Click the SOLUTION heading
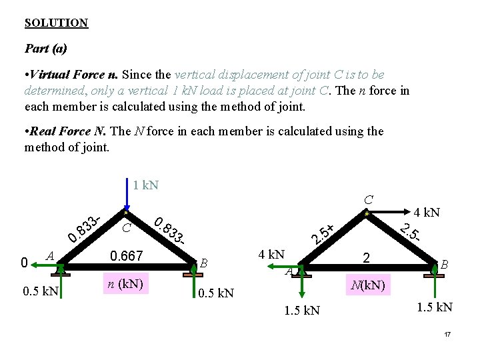pyautogui.click(x=56, y=23)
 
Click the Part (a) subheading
pyautogui.click(x=45, y=49)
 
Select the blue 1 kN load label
pyautogui.click(x=145, y=185)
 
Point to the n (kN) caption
pyautogui.click(x=127, y=283)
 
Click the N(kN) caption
pyautogui.click(x=366, y=286)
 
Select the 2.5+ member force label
pyautogui.click(x=323, y=233)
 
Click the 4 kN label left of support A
pyautogui.click(x=271, y=254)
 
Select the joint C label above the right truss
pyautogui.click(x=368, y=199)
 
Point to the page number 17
pyautogui.click(x=448, y=333)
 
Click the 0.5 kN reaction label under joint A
pyautogui.click(x=41, y=291)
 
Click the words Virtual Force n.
pyautogui.click(x=75, y=75)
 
